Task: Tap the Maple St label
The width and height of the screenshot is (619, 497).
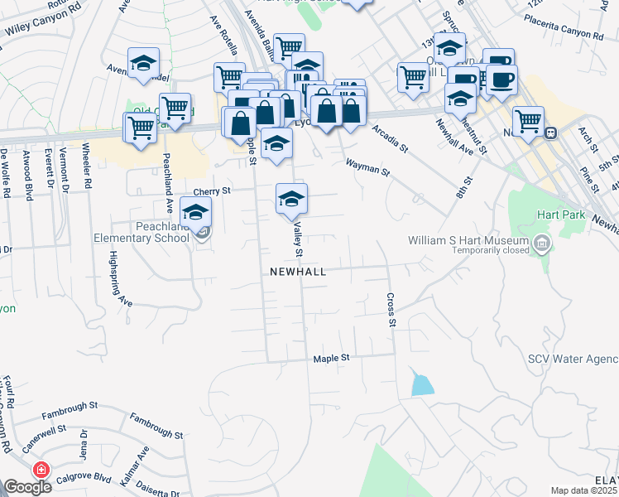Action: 332,359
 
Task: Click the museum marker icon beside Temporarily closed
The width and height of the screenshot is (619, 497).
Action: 542,244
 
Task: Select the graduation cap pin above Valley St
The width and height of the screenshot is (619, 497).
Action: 291,200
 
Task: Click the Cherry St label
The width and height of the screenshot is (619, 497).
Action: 213,191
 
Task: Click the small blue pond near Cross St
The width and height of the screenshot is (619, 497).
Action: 421,384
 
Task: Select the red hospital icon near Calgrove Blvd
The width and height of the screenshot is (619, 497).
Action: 39,470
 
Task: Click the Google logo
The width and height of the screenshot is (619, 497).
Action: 26,487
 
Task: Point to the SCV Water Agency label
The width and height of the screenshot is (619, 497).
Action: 573,359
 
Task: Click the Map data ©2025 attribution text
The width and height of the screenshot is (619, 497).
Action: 584,490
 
